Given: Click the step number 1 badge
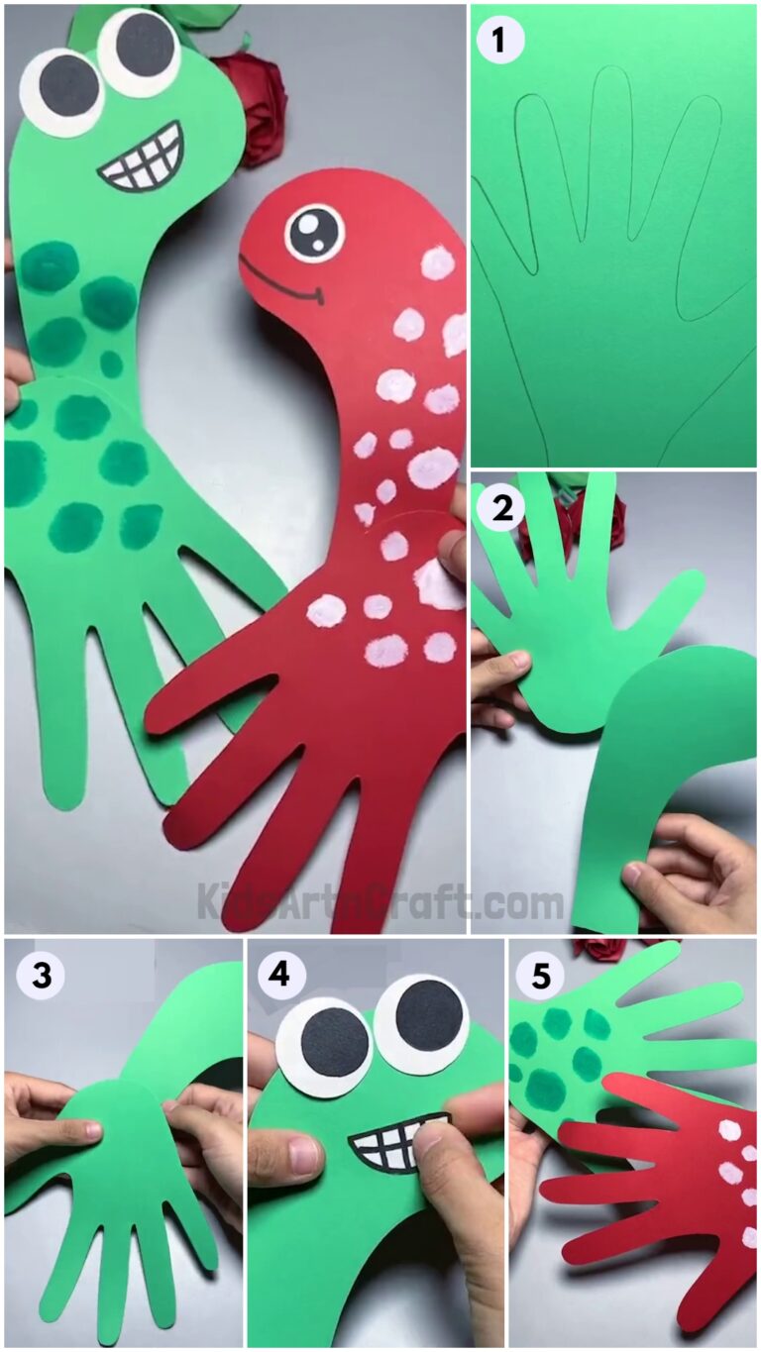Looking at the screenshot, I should pyautogui.click(x=499, y=41).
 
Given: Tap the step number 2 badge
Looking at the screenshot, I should pyautogui.click(x=499, y=507).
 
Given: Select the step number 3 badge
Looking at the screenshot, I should pyautogui.click(x=41, y=976).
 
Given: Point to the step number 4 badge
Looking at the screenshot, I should pyautogui.click(x=280, y=976).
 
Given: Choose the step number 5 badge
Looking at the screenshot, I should pyautogui.click(x=540, y=977).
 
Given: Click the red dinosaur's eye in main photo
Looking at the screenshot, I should pyautogui.click(x=314, y=233).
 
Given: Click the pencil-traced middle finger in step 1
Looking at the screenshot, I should pyautogui.click(x=610, y=149).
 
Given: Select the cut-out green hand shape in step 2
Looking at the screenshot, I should pyautogui.click(x=575, y=644).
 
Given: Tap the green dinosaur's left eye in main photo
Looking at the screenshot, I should pyautogui.click(x=61, y=89).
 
